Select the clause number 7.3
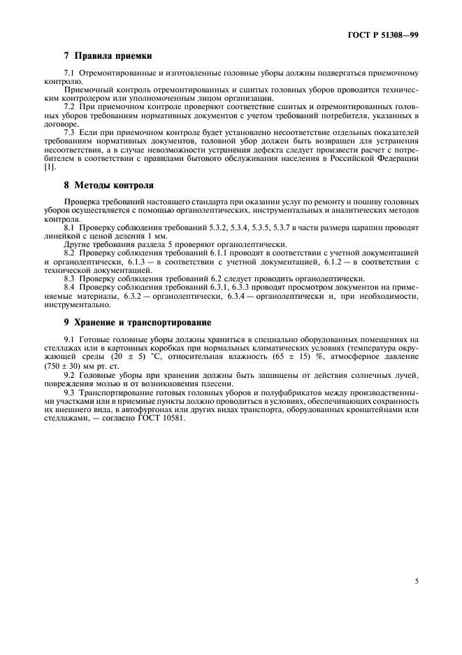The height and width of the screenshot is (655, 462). tap(69, 132)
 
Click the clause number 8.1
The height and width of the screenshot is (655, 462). tap(69, 228)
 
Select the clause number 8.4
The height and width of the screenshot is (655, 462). tap(69, 287)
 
